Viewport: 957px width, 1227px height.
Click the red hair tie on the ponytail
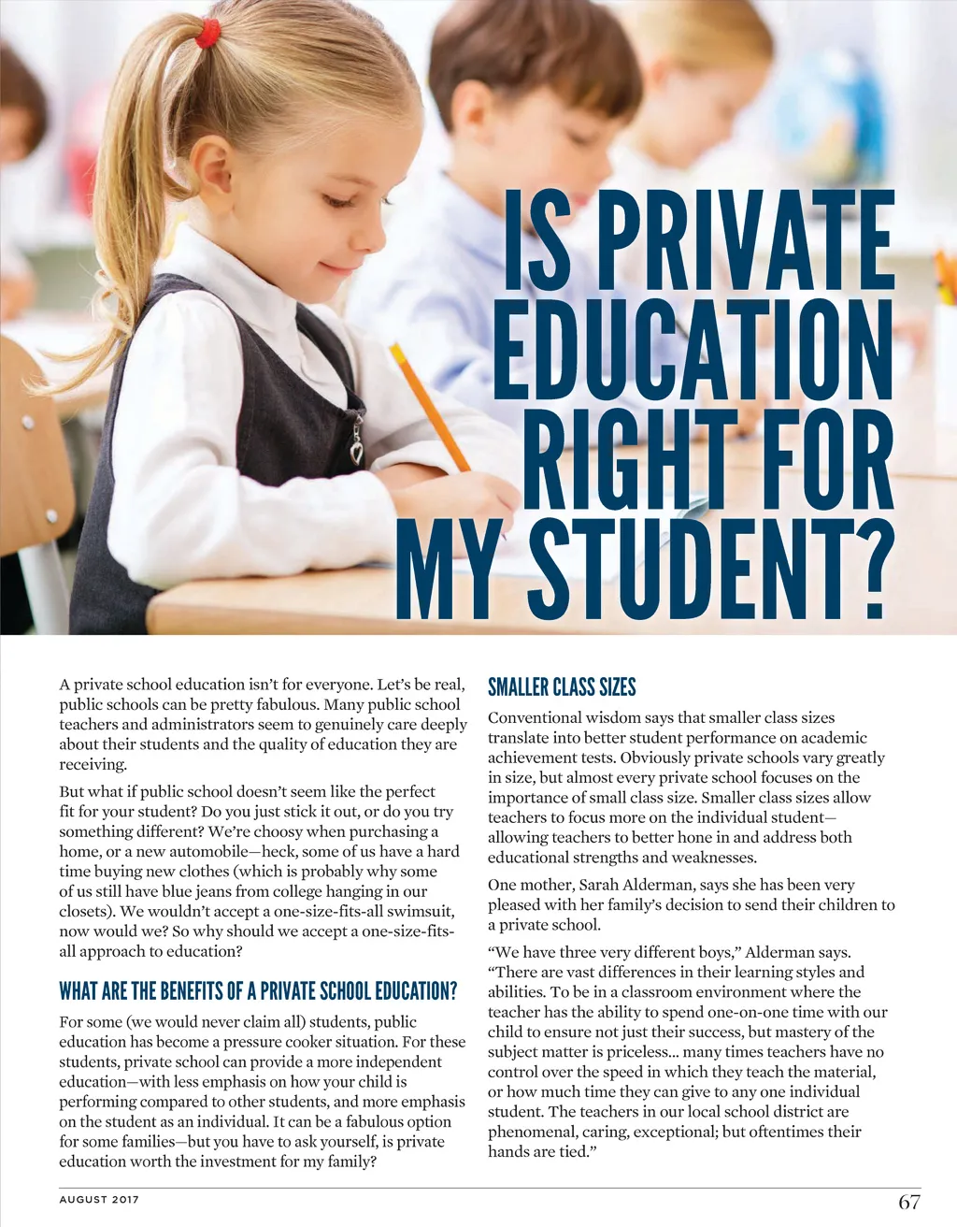coord(207,34)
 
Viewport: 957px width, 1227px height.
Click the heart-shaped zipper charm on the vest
coord(356,453)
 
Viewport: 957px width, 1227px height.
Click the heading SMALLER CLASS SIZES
coord(562,687)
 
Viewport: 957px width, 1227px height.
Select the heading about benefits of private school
coord(258,991)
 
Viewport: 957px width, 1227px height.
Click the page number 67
coord(908,1202)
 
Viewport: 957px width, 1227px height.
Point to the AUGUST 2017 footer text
coord(99,1200)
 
